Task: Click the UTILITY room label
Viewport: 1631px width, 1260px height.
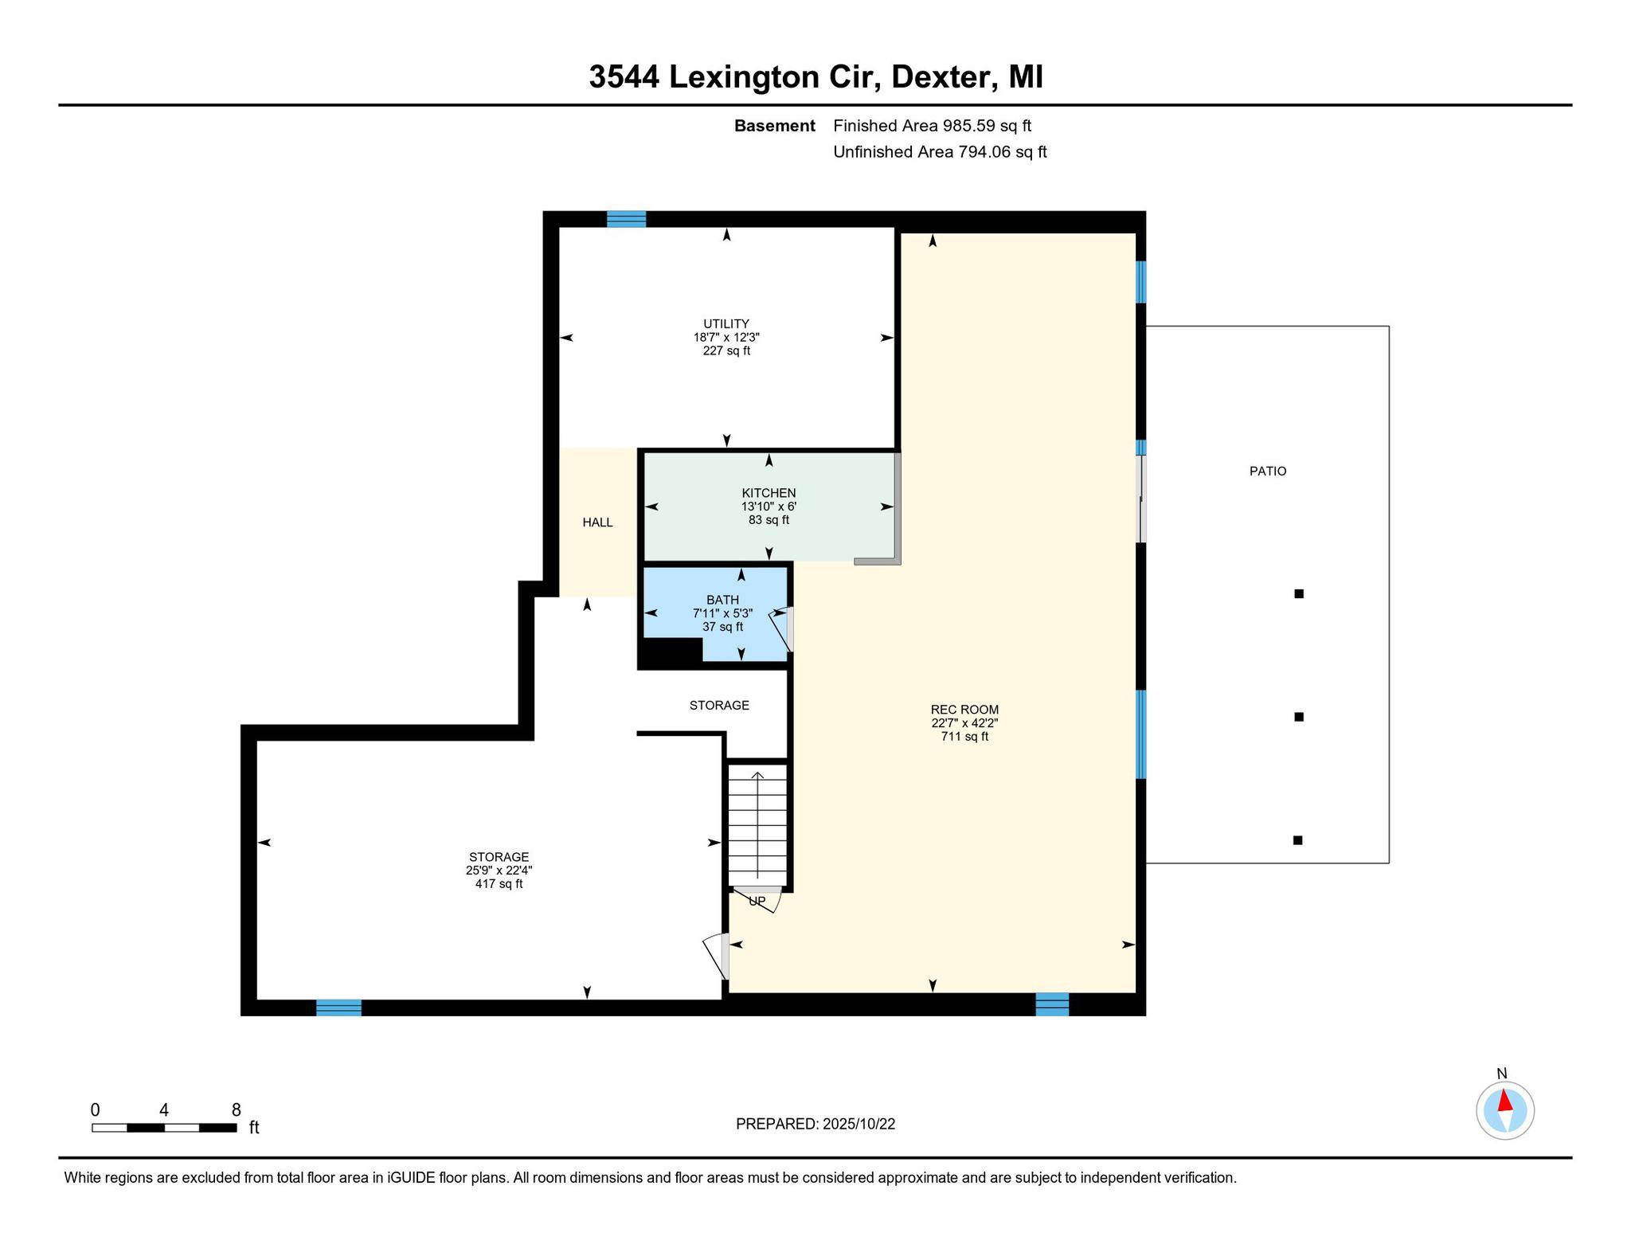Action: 726,323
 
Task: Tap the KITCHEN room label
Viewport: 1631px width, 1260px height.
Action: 769,493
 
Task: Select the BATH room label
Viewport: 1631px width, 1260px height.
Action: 722,600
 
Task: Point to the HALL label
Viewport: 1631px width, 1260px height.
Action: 597,522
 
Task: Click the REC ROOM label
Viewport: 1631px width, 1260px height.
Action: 964,710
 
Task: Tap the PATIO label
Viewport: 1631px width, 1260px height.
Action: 1268,472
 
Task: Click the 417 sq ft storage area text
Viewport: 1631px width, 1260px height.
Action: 499,884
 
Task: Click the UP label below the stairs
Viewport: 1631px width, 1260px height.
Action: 757,901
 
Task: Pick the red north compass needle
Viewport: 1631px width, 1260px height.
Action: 1504,1101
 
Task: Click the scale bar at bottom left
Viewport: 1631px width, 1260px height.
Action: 164,1127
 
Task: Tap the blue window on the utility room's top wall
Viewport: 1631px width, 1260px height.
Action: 626,219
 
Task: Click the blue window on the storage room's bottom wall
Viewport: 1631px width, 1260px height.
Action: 338,1008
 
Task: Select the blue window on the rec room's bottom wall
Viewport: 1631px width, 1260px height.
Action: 1052,1004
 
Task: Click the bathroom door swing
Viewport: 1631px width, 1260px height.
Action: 781,629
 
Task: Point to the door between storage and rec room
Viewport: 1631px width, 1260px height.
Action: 717,956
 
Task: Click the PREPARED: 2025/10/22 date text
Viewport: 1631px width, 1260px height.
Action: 815,1124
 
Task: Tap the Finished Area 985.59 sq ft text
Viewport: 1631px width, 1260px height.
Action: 932,126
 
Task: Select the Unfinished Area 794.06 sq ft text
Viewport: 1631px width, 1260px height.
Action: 940,151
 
